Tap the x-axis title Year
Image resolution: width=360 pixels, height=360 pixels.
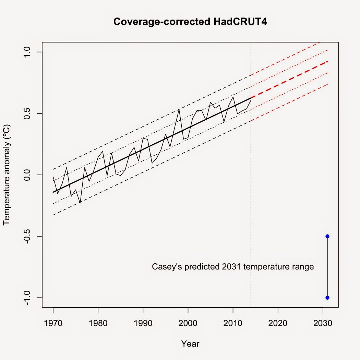[x=190, y=344]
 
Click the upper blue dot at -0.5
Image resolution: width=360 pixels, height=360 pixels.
[x=327, y=236]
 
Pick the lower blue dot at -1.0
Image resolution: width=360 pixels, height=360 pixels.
[x=327, y=298]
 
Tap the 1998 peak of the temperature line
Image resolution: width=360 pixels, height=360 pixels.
[x=179, y=109]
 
